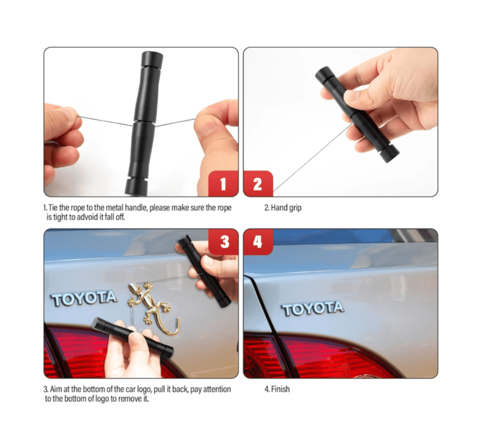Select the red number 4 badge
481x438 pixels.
(258, 242)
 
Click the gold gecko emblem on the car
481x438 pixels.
(150, 303)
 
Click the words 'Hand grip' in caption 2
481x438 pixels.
(286, 208)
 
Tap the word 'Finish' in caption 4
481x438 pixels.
(280, 389)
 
